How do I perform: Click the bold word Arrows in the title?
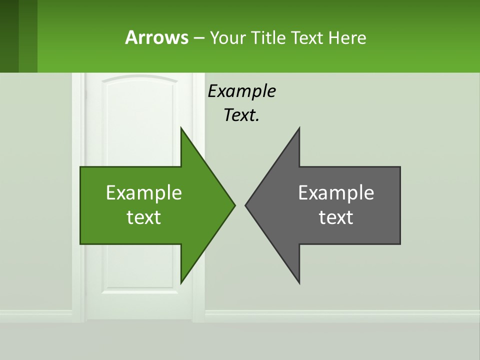[x=156, y=37]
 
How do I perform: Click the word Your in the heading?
[x=226, y=37]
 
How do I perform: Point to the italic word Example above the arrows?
[x=241, y=91]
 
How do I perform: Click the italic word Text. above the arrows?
[x=241, y=115]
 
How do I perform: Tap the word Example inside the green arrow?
[x=144, y=192]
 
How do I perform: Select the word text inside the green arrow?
[x=144, y=217]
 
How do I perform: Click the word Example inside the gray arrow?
[x=336, y=192]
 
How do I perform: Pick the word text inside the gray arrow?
[x=336, y=217]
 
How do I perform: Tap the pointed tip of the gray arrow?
[x=246, y=205]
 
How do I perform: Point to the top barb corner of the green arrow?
[x=181, y=128]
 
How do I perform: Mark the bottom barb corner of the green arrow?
[x=181, y=282]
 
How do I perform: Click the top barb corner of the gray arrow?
[x=299, y=128]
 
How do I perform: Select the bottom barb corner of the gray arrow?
[x=299, y=282]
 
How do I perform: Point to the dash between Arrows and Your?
[x=198, y=38]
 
